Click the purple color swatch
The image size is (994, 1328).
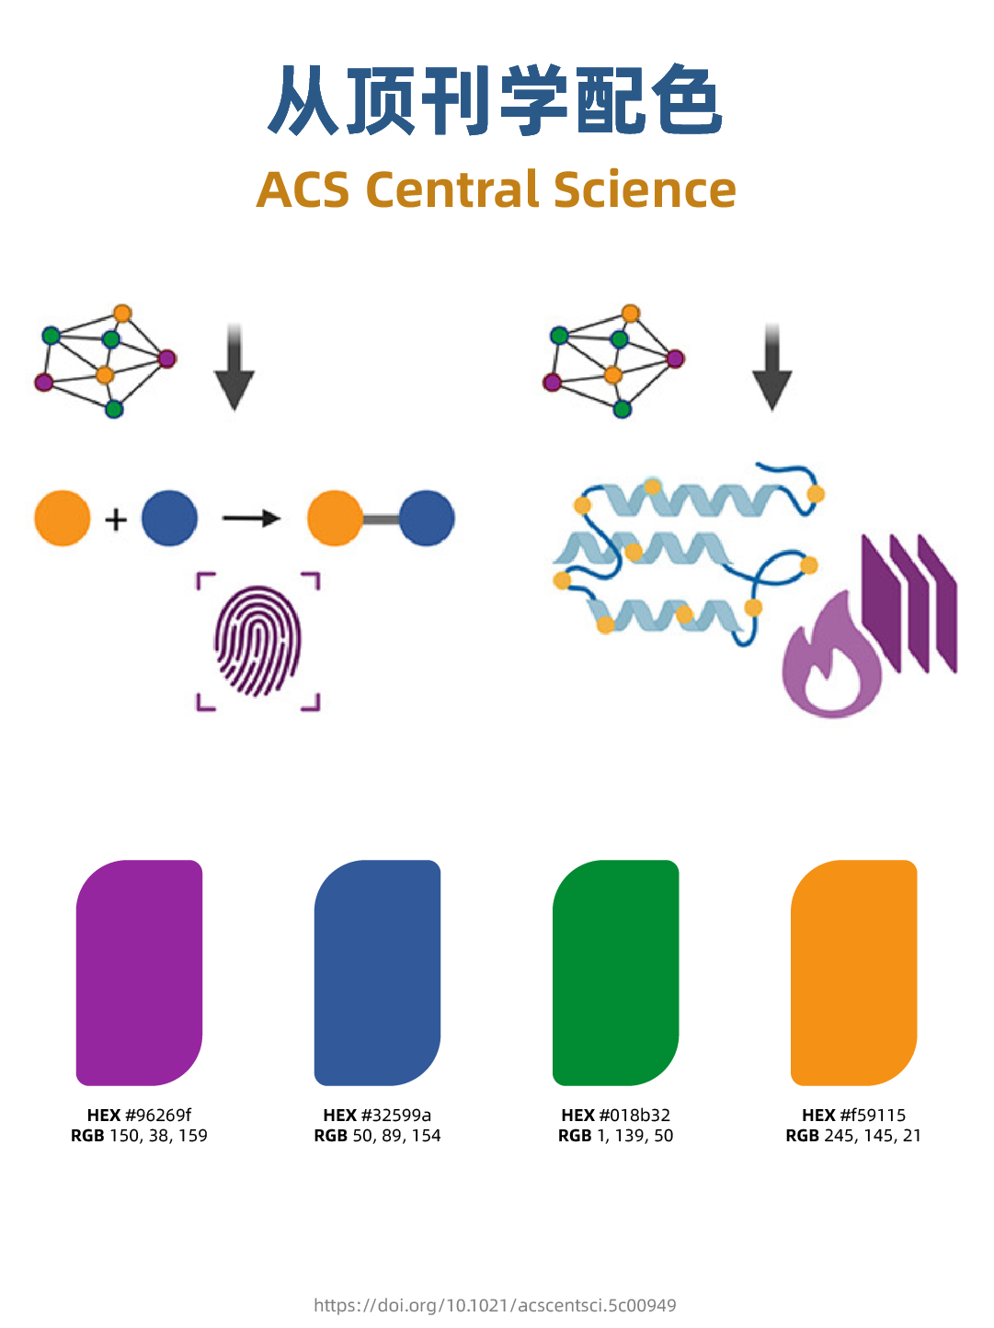(x=139, y=972)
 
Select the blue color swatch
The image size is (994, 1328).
(x=377, y=972)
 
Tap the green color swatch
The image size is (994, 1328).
(x=615, y=972)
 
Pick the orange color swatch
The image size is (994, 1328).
(x=853, y=972)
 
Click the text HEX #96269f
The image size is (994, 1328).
(x=139, y=1115)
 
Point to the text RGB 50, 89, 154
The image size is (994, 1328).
(x=377, y=1136)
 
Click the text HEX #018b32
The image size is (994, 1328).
(x=615, y=1115)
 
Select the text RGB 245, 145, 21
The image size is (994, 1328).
(x=853, y=1136)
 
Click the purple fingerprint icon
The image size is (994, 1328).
(x=257, y=641)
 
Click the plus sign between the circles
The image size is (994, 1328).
(x=116, y=520)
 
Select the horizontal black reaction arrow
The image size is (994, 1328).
(x=251, y=519)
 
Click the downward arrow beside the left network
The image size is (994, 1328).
(x=234, y=368)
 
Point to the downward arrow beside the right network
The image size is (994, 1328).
(x=772, y=368)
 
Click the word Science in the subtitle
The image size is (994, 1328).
(x=645, y=189)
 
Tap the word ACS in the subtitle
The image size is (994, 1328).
(x=303, y=189)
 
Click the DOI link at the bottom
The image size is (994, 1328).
(x=495, y=1305)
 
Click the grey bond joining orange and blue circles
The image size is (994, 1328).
(x=381, y=519)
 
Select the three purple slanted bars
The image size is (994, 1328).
(x=908, y=602)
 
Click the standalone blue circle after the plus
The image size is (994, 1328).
(x=169, y=518)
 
